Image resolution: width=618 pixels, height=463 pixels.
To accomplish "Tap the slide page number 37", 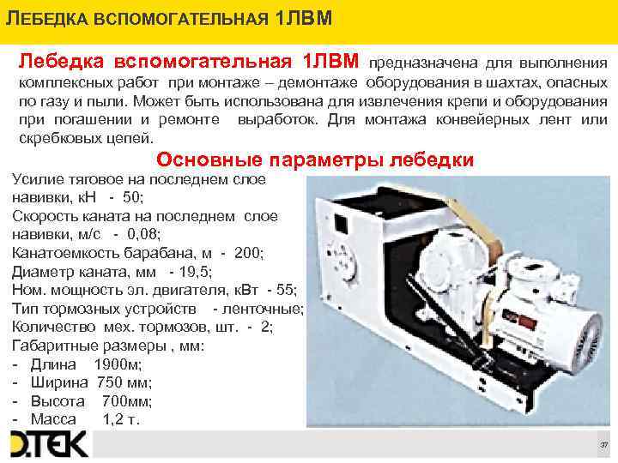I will (x=603, y=446).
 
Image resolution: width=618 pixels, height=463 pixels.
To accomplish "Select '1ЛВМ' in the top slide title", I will (x=310, y=19).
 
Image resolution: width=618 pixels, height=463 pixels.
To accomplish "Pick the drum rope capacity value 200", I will (x=249, y=252).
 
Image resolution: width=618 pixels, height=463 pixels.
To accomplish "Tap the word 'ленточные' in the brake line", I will (x=264, y=308).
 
